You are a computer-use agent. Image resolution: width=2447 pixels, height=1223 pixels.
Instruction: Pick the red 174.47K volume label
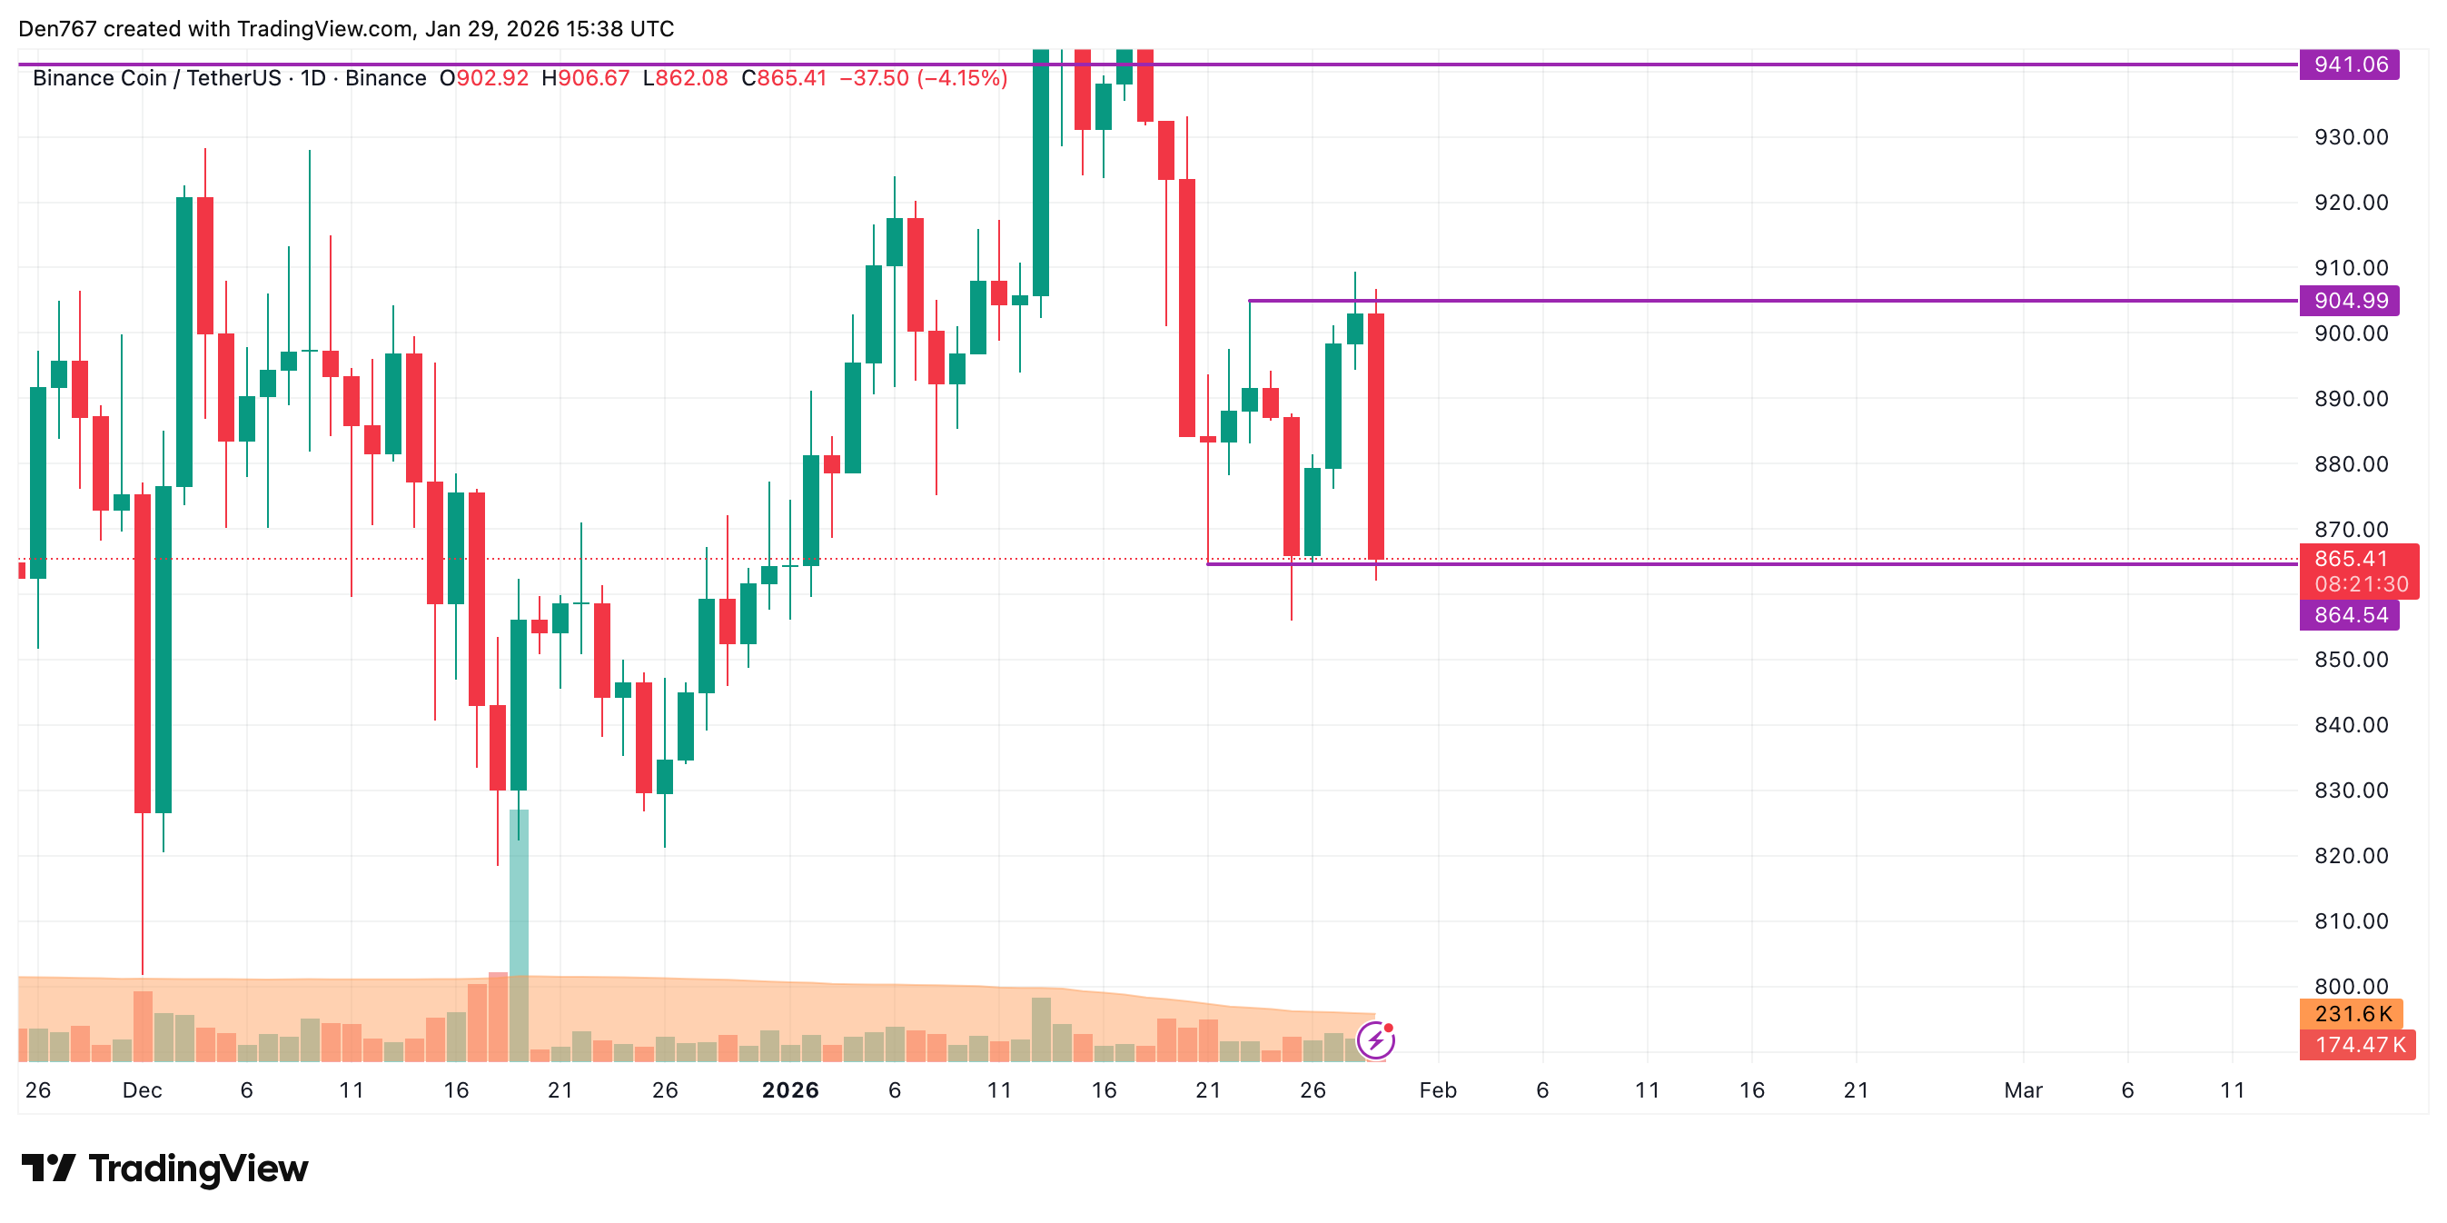(2357, 1045)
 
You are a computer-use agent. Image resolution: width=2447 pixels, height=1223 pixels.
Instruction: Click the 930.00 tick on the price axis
(2351, 137)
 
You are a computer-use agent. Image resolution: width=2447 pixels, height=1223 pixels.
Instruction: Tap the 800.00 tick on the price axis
(2351, 987)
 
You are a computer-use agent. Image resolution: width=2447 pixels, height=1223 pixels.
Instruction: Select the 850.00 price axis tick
(2351, 660)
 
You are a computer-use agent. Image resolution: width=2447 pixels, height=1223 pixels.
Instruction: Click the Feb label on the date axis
(1437, 1090)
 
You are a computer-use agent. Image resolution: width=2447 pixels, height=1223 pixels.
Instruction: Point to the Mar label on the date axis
(2023, 1090)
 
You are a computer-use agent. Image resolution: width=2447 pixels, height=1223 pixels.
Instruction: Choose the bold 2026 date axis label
(790, 1090)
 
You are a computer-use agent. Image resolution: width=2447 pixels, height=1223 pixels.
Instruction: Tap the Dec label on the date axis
(143, 1090)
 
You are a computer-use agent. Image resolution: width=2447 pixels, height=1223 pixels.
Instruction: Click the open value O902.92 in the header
(483, 78)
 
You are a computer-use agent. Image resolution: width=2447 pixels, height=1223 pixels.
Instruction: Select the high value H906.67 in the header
(585, 78)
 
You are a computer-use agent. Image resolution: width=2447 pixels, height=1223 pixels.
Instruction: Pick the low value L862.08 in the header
(685, 78)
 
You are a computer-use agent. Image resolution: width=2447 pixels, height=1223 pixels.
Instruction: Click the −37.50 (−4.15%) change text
(922, 78)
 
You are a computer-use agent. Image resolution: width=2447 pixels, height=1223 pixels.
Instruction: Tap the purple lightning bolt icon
(1375, 1040)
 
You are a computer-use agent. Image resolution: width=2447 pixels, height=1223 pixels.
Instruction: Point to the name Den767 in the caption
(57, 28)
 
